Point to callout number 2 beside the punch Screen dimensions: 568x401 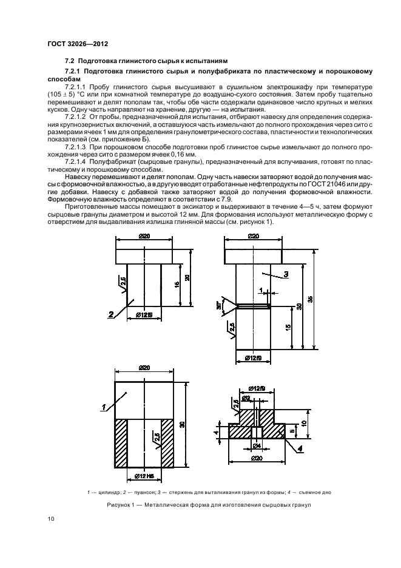point(111,314)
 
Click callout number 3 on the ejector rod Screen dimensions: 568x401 point(285,275)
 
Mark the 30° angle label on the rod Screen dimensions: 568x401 point(219,307)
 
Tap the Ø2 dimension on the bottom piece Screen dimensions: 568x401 point(248,398)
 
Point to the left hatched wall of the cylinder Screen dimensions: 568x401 point(121,445)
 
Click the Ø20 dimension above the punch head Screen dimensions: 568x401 point(144,235)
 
